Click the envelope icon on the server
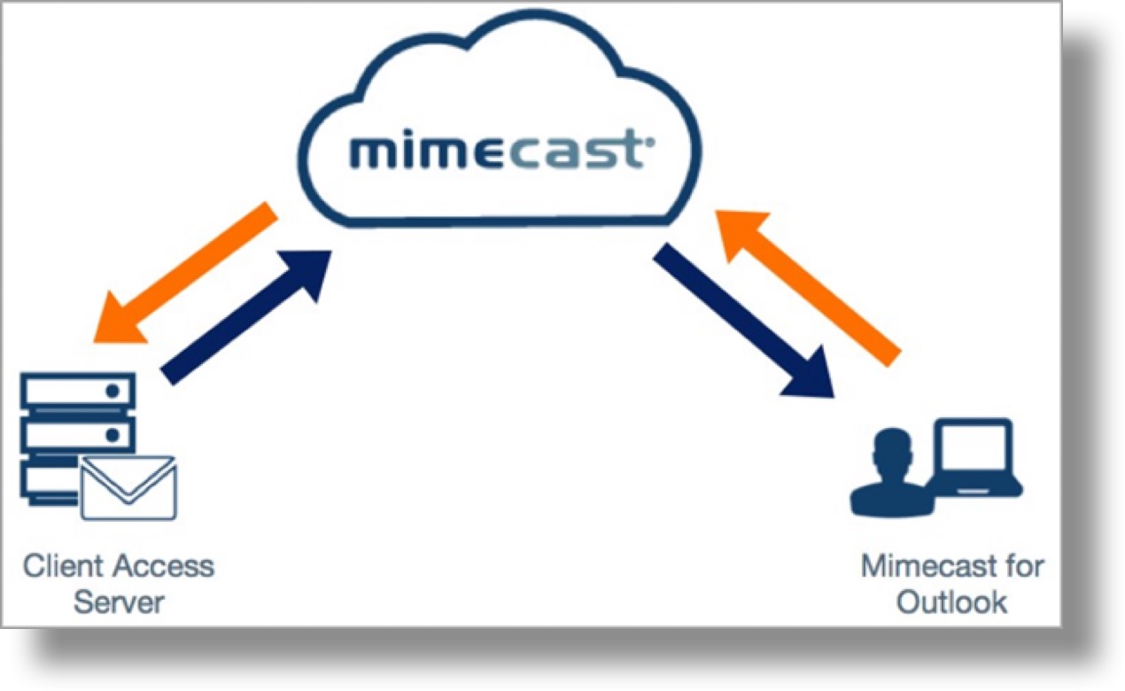click(128, 487)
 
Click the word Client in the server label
click(57, 565)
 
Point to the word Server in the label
click(119, 602)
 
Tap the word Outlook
click(951, 602)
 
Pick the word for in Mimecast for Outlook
click(1024, 565)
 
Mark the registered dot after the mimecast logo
click(651, 139)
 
